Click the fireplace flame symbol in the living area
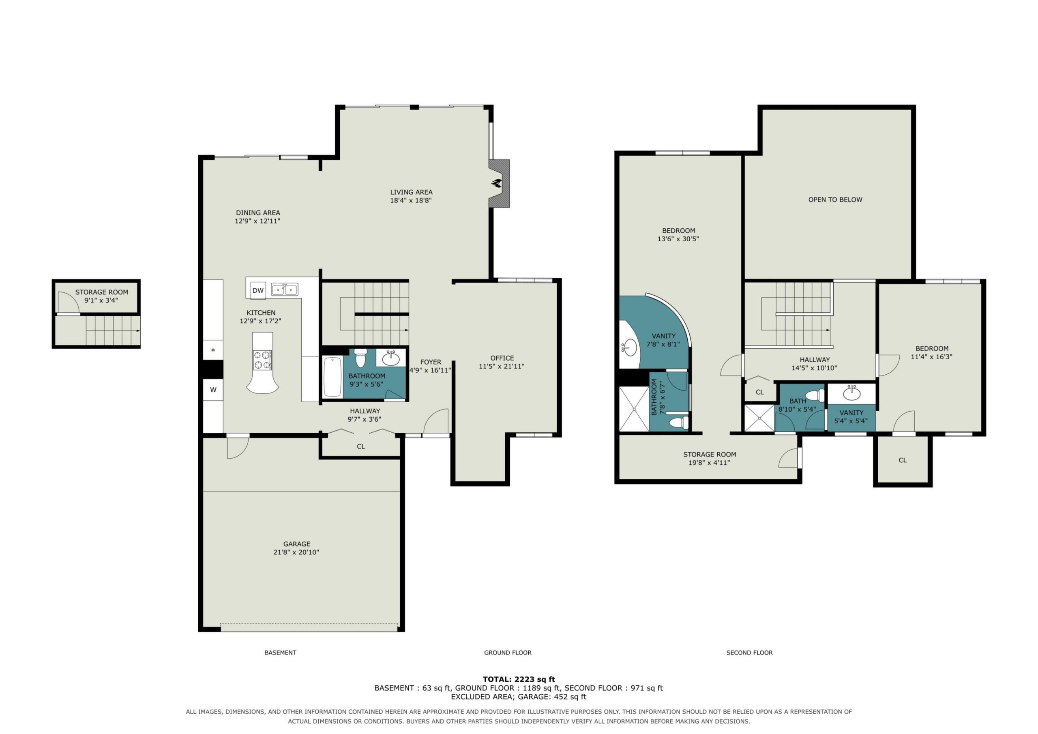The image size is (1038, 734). [x=496, y=183]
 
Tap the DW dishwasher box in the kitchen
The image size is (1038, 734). [x=258, y=290]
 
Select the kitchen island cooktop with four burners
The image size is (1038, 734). [x=262, y=360]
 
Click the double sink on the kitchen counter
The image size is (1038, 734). [x=284, y=289]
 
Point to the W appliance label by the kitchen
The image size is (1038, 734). [x=213, y=389]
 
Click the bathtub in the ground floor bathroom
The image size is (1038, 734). [x=333, y=376]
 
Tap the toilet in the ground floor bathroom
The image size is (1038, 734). [x=360, y=358]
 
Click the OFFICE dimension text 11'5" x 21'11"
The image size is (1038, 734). [x=502, y=366]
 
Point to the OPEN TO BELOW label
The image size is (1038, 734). [x=835, y=200]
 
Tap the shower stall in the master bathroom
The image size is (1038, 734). [x=634, y=409]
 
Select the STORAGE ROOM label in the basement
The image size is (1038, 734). [x=102, y=292]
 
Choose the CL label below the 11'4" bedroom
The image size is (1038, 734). [x=903, y=460]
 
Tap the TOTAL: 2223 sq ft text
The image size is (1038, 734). [x=519, y=679]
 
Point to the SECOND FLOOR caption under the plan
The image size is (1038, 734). [x=749, y=652]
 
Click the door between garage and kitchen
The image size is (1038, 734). [x=238, y=447]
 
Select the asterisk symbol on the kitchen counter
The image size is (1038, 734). [x=213, y=350]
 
